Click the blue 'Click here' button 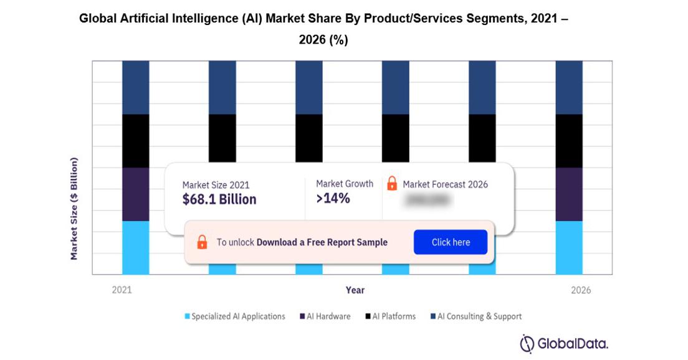click(x=450, y=242)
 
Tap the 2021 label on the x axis click(x=122, y=290)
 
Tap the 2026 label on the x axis click(x=580, y=290)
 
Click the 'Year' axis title click(x=355, y=290)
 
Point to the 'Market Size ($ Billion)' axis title click(x=74, y=209)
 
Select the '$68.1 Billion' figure click(x=219, y=199)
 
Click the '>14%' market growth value click(x=333, y=199)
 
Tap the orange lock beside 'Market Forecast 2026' click(x=392, y=184)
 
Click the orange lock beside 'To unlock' click(x=202, y=242)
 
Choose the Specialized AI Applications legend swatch click(x=187, y=316)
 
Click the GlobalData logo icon click(x=528, y=343)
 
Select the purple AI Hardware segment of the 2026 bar click(x=569, y=194)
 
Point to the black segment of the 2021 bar click(x=135, y=141)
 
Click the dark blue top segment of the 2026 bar click(x=569, y=87)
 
